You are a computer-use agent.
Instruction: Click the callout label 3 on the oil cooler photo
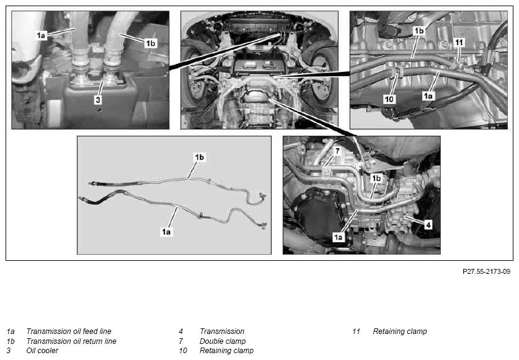(98, 100)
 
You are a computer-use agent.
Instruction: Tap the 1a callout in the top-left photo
(41, 35)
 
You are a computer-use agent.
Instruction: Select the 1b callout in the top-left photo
(151, 43)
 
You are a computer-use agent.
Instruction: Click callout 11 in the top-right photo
(459, 42)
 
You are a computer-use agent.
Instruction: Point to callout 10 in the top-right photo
(389, 99)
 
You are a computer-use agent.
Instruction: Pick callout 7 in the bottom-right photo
(337, 151)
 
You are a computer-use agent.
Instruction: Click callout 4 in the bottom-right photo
(428, 225)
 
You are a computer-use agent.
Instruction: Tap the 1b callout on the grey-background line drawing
(200, 157)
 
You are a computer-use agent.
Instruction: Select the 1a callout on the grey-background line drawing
(166, 232)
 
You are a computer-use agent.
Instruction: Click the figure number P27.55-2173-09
(487, 271)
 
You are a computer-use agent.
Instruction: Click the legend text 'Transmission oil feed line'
(69, 331)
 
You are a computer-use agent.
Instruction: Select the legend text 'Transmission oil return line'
(71, 341)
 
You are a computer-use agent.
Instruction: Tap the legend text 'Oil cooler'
(42, 351)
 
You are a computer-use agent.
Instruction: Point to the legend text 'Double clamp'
(223, 341)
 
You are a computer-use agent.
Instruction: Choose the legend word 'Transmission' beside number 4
(222, 331)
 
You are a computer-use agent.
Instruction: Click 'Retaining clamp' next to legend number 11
(400, 331)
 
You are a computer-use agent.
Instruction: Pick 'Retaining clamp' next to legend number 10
(226, 351)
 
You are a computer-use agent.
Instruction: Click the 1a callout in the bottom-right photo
(338, 237)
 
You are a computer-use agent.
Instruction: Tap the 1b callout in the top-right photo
(419, 31)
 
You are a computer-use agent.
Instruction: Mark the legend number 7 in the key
(180, 341)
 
